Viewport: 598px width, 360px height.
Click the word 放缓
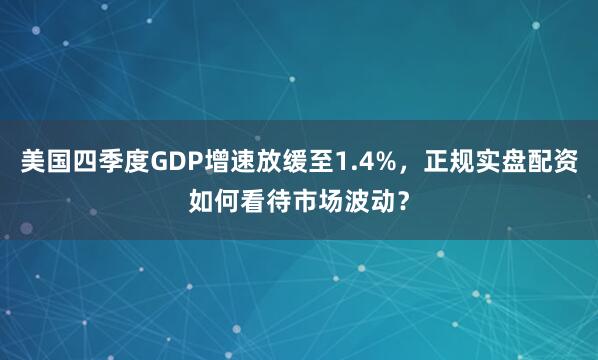tap(274, 160)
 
